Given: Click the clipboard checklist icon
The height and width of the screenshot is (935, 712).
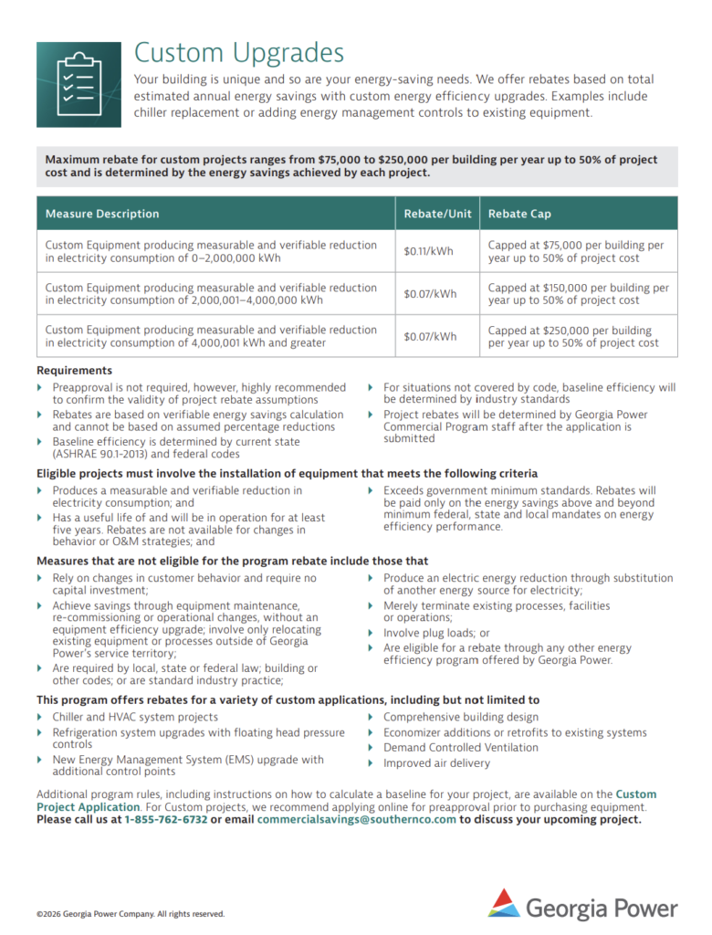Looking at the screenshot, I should coord(78,84).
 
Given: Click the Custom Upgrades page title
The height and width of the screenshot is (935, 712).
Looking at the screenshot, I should coord(239,53).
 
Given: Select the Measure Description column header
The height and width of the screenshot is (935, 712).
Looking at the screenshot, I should coord(102,214).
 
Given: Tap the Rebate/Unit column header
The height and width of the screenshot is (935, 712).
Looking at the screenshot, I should coord(437,214).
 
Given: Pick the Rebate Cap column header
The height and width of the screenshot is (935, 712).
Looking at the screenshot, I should coord(519,214).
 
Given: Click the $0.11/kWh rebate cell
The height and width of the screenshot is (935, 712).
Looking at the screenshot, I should coord(429,252).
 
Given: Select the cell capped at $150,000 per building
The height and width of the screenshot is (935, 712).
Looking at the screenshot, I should coord(578,294).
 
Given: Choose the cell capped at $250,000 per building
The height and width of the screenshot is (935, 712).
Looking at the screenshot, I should coord(573,336).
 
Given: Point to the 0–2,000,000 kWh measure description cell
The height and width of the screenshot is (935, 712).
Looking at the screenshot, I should coord(211,251).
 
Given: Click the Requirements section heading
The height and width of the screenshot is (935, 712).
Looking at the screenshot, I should coord(74,371).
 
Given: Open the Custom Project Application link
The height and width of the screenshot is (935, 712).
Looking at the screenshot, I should coord(88,807).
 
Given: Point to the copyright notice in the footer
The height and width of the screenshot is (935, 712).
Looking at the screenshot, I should coord(131,914).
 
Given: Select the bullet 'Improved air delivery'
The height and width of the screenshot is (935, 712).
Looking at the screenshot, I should coord(436,763).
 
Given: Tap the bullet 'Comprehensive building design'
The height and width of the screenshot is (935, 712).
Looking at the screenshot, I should coord(461,718).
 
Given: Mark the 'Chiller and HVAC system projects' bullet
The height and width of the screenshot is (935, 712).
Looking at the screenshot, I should coord(135,718).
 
